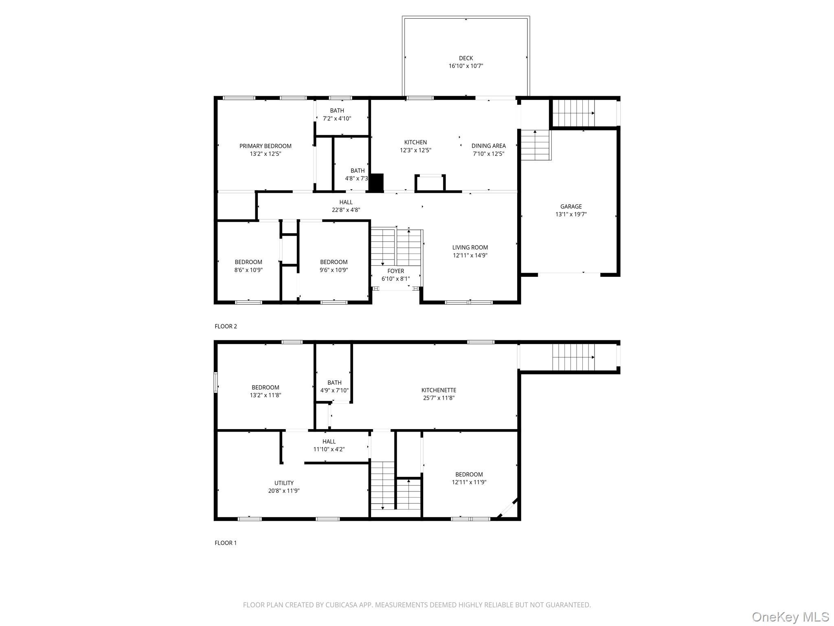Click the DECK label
click(x=466, y=58)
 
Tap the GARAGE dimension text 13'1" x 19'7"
click(x=571, y=214)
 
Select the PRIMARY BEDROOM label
click(x=265, y=146)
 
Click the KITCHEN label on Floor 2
click(x=415, y=142)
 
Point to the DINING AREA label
click(x=488, y=145)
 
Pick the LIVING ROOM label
click(x=470, y=247)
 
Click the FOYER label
click(x=395, y=271)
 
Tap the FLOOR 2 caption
click(x=226, y=326)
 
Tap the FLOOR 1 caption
click(x=226, y=543)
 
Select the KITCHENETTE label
click(x=439, y=390)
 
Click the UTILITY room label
click(x=284, y=483)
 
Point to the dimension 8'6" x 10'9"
click(x=248, y=270)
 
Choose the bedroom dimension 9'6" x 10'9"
click(x=334, y=270)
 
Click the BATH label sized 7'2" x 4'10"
click(x=337, y=110)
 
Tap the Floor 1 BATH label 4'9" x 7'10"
click(x=334, y=382)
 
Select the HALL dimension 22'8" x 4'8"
click(x=346, y=210)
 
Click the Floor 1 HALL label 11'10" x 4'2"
click(x=329, y=441)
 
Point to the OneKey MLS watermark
click(x=790, y=617)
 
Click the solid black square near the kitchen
click(x=377, y=183)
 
